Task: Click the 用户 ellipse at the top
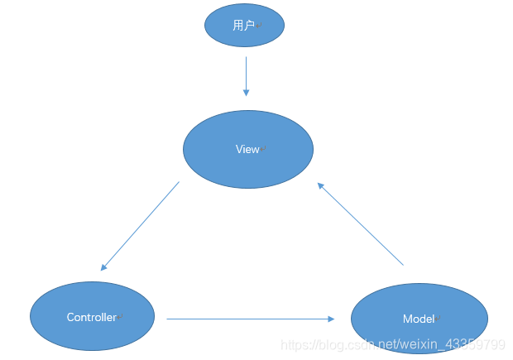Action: pos(244,26)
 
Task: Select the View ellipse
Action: pos(247,150)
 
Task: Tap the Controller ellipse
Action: pos(92,317)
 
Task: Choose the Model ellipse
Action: pos(420,319)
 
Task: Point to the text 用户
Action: pos(243,26)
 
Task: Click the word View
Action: pos(247,150)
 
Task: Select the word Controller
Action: pos(91,318)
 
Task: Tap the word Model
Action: pos(418,319)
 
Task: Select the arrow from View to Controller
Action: pos(140,226)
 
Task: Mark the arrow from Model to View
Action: pos(361,224)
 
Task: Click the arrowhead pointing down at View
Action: pos(246,93)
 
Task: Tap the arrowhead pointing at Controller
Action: pos(103,267)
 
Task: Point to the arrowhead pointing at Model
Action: pos(331,319)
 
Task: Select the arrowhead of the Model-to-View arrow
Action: pos(321,187)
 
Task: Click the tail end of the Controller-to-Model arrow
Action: pos(169,319)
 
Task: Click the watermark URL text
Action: pos(392,344)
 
